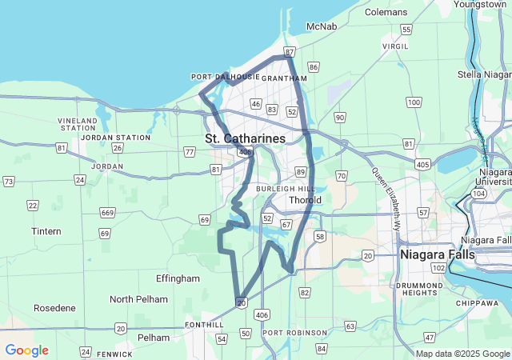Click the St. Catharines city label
(x=245, y=138)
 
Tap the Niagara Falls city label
(x=437, y=254)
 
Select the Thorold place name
(x=305, y=200)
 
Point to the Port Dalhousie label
(x=226, y=77)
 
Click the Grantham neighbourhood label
(x=284, y=78)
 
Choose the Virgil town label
(x=395, y=46)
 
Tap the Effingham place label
(x=178, y=278)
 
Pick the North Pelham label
(x=139, y=299)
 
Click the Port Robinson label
(x=294, y=332)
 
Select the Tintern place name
(x=46, y=231)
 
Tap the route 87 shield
(x=289, y=52)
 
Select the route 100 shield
(x=413, y=102)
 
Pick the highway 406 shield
(x=262, y=315)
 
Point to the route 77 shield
(x=189, y=152)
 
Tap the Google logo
(x=26, y=350)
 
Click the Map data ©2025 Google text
(x=462, y=354)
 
